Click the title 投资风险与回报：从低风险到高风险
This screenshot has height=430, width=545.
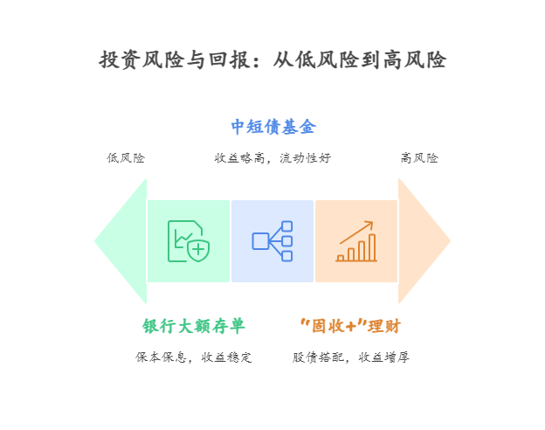coord(272,59)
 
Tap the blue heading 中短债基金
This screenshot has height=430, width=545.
coord(272,127)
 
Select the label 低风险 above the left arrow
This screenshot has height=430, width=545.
coord(126,158)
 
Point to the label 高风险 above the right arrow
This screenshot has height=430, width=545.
coord(419,158)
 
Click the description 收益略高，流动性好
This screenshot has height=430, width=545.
coord(272,158)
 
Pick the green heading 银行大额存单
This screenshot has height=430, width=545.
coord(194,326)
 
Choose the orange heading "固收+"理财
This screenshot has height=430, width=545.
coord(349,326)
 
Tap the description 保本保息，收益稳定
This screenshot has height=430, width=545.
coord(194,357)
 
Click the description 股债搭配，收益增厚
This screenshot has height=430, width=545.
coord(350,357)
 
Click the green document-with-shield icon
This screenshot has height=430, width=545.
coord(188,240)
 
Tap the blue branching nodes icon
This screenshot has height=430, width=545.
coord(272,240)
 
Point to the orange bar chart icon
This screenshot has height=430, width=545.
coord(356,242)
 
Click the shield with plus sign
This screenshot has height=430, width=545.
coord(198,250)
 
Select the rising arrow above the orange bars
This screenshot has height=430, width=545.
coord(357,231)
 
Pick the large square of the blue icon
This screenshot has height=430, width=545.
coord(260,240)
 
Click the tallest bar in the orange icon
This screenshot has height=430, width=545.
coord(372,247)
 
